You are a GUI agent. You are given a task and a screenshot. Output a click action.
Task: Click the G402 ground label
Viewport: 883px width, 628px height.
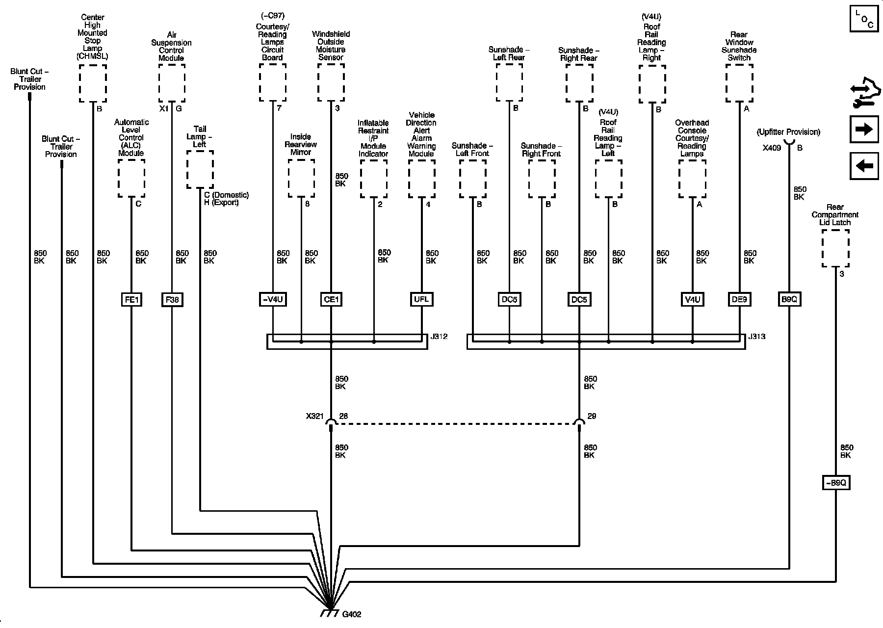(x=352, y=614)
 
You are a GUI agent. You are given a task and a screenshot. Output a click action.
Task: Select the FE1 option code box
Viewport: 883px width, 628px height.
(x=131, y=299)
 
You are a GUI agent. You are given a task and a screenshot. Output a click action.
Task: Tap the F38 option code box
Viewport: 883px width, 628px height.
(x=172, y=299)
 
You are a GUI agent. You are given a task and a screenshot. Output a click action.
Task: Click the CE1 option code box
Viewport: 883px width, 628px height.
(x=331, y=299)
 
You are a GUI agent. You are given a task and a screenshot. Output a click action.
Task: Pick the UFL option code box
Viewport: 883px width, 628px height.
(x=421, y=299)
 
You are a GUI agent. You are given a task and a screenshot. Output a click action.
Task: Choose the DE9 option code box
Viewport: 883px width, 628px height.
(x=739, y=299)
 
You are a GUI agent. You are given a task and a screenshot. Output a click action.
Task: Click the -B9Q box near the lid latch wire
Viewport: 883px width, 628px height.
(x=835, y=483)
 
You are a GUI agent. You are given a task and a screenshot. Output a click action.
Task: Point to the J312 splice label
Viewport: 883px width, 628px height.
(x=439, y=337)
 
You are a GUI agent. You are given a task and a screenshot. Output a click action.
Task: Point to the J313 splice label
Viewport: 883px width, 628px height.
(x=757, y=337)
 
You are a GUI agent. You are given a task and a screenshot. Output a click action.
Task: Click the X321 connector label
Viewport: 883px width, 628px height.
(x=314, y=417)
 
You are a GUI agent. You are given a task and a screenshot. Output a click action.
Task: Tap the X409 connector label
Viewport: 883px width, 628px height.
(x=772, y=148)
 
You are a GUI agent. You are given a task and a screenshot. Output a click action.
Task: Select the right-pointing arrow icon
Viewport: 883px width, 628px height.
(x=864, y=129)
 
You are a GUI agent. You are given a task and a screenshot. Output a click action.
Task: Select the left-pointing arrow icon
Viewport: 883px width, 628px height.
(x=864, y=166)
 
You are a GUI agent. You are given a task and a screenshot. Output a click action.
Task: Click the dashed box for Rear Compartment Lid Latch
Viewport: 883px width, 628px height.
(x=835, y=249)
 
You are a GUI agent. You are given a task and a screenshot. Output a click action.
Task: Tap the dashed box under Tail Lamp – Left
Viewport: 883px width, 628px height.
(x=200, y=169)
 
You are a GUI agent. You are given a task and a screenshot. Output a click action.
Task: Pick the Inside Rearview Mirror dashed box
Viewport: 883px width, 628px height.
(x=301, y=178)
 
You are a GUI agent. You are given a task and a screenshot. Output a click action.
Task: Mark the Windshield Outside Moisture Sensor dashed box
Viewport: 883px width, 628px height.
(x=331, y=82)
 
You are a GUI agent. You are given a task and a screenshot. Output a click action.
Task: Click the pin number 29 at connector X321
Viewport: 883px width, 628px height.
(x=592, y=417)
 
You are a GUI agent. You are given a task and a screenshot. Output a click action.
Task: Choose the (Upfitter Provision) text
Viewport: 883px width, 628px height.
(x=788, y=132)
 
